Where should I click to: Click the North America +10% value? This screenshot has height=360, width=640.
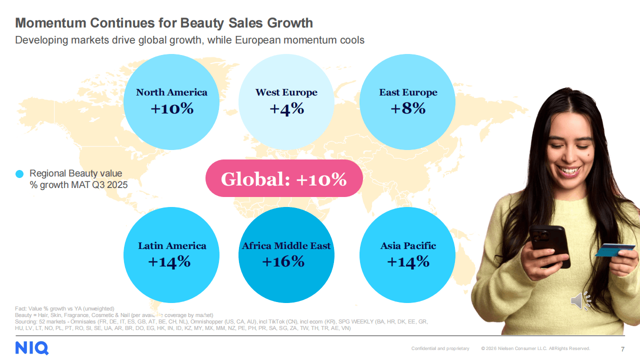click(171, 108)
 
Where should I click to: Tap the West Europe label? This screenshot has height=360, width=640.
click(286, 92)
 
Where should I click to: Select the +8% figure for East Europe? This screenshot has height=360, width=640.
click(408, 108)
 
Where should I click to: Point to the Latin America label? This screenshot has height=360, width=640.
click(172, 246)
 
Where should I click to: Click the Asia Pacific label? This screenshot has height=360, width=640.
click(408, 246)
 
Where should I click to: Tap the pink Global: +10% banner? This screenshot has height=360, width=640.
click(284, 178)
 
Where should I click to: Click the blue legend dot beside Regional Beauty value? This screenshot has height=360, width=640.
click(20, 174)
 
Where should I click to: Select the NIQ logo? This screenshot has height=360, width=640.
click(31, 348)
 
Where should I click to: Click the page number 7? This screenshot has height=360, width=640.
click(622, 348)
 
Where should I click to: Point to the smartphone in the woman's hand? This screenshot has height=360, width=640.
click(549, 245)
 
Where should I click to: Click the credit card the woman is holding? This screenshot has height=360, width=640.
click(614, 248)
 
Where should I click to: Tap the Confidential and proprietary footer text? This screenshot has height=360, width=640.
click(440, 348)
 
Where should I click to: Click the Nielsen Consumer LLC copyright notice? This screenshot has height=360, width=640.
click(535, 348)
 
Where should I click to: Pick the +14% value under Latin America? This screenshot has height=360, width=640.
click(169, 261)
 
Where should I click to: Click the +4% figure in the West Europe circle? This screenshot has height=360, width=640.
click(286, 108)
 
